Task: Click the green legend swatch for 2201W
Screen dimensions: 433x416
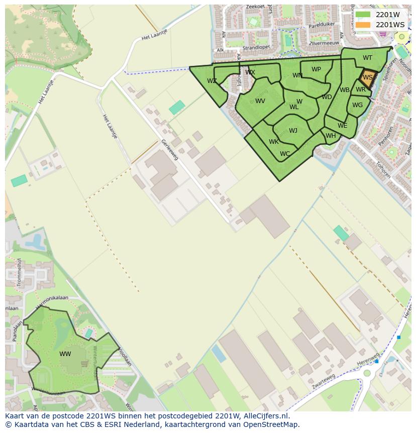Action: click(363, 15)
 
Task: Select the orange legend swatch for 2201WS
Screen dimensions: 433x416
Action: click(363, 25)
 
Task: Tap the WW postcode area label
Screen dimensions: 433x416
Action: click(65, 354)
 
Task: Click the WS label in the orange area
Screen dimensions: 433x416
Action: click(368, 77)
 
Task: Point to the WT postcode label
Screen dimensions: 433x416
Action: click(368, 58)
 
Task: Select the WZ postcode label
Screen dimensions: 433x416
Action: click(212, 81)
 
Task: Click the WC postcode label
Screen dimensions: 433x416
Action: click(285, 154)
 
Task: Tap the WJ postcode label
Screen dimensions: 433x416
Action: click(293, 131)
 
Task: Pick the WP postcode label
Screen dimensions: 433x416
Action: click(316, 70)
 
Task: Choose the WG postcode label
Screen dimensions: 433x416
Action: click(357, 105)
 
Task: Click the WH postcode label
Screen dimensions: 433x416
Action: click(331, 136)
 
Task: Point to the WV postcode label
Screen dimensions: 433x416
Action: click(260, 101)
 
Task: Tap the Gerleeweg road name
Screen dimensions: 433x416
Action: click(170, 149)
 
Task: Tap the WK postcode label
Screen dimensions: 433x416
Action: click(273, 142)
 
